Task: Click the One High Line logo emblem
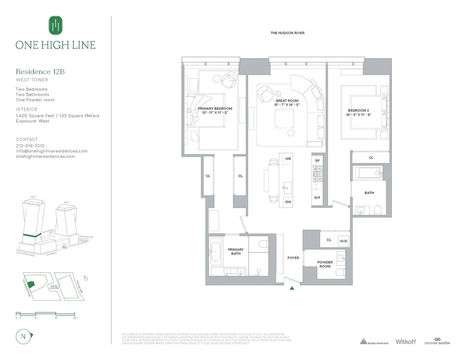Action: coord(56,26)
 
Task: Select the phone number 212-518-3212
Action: coord(30,146)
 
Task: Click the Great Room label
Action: coord(287,101)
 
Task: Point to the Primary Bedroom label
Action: coord(215,109)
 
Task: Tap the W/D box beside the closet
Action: coord(344,240)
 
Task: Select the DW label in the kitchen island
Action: coord(288,202)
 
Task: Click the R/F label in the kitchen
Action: coord(317,198)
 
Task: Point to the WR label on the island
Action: coord(288,159)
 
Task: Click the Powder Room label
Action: coord(325,264)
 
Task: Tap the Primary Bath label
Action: coord(236,252)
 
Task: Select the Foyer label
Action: coord(293,257)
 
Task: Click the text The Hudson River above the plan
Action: coord(287,33)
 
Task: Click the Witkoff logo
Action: coord(405,342)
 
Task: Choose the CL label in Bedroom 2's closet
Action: coord(371,158)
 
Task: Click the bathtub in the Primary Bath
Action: coord(216,251)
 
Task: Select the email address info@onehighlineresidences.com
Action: coord(52,151)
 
